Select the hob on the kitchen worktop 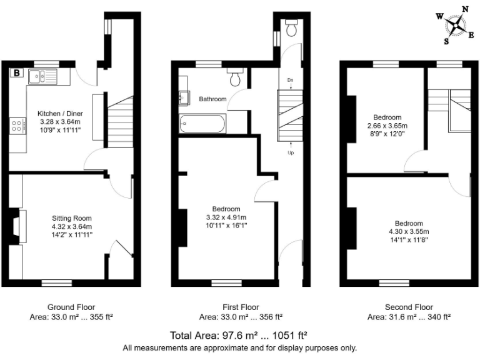click(17, 126)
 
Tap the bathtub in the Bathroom click(201, 124)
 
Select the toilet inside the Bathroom click(236, 78)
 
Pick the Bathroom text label click(213, 99)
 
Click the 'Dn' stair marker click(291, 81)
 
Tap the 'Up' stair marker click(291, 152)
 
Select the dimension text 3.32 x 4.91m click(226, 217)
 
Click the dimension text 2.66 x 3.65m click(387, 126)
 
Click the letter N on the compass click(465, 9)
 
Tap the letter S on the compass click(447, 42)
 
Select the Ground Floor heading click(71, 307)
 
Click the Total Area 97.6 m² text click(239, 335)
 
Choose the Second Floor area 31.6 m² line click(409, 317)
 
